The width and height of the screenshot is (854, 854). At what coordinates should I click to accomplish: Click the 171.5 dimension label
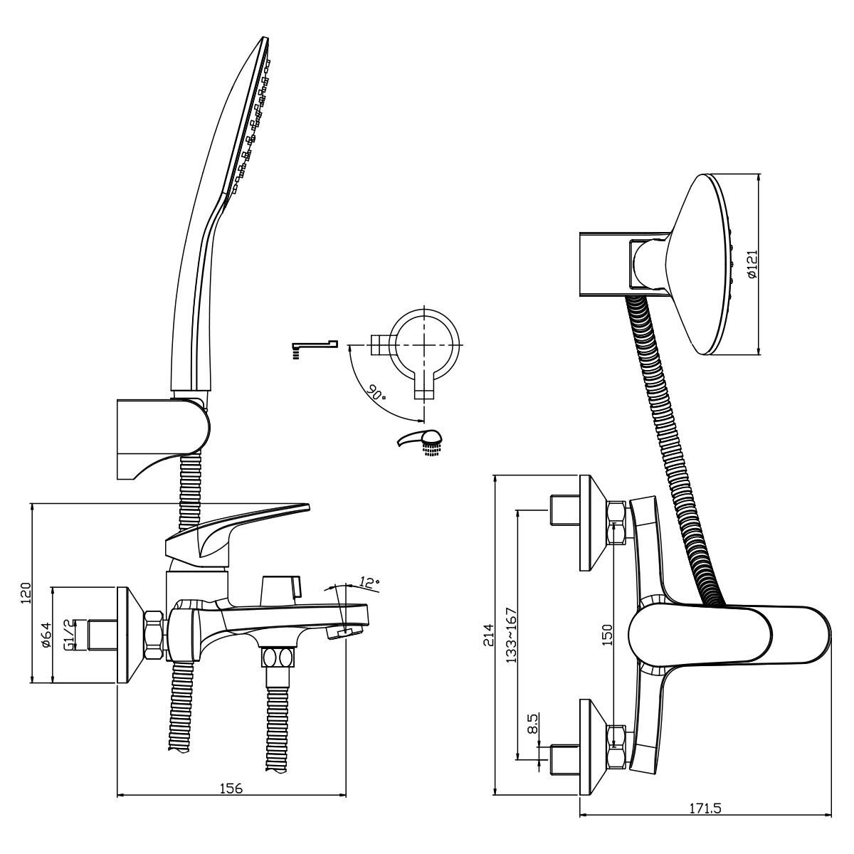point(705,821)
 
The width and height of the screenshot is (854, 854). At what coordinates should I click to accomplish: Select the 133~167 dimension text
point(512,635)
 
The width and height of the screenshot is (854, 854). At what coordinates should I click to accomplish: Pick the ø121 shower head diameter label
point(752,264)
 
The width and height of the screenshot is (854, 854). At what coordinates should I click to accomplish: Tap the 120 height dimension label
point(26,593)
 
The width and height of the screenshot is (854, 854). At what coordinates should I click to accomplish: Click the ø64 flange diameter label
point(46,635)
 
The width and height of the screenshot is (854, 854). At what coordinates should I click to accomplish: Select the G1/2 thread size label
point(69,635)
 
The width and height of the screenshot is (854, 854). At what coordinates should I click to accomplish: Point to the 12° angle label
point(369,582)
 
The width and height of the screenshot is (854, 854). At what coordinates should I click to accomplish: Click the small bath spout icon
point(315,348)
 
